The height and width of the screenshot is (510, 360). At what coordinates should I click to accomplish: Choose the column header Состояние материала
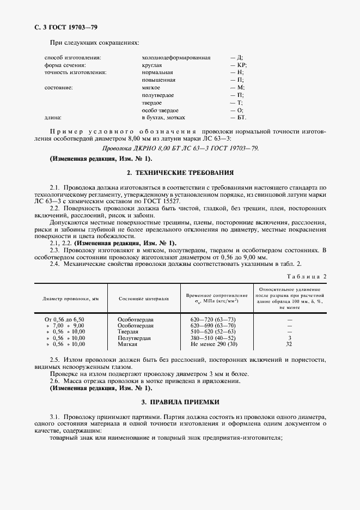pyautogui.click(x=143, y=299)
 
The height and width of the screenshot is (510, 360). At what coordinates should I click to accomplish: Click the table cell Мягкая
pyautogui.click(x=128, y=344)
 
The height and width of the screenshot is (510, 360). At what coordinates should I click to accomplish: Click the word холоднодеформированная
pyautogui.click(x=176, y=57)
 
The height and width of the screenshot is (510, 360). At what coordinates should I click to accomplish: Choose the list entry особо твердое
pyautogui.click(x=160, y=110)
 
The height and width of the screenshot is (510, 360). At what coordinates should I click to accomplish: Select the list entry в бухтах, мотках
pyautogui.click(x=163, y=117)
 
